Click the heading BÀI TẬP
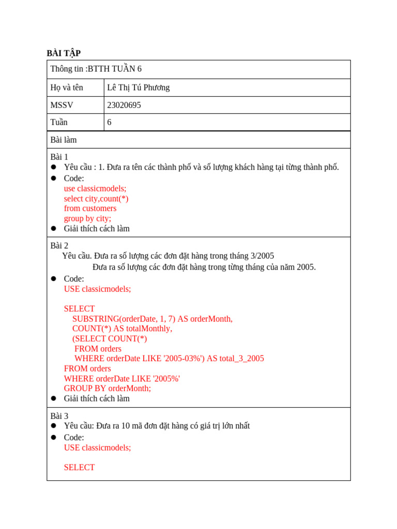click(x=64, y=53)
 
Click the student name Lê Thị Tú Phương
click(x=138, y=87)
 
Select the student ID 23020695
click(x=124, y=105)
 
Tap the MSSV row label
click(x=62, y=105)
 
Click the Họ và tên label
click(x=67, y=87)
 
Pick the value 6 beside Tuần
click(x=109, y=122)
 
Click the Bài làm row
click(x=64, y=139)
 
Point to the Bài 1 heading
click(x=59, y=157)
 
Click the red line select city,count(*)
click(x=96, y=198)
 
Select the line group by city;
click(x=87, y=218)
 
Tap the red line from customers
click(x=90, y=208)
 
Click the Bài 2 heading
click(x=59, y=245)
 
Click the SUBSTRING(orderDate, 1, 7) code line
click(x=152, y=319)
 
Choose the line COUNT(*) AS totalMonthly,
click(x=122, y=329)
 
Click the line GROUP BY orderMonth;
click(x=108, y=388)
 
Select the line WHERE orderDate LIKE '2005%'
click(x=122, y=378)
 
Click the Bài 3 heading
click(x=59, y=415)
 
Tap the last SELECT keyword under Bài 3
click(x=79, y=467)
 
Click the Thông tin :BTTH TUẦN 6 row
click(x=96, y=69)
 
